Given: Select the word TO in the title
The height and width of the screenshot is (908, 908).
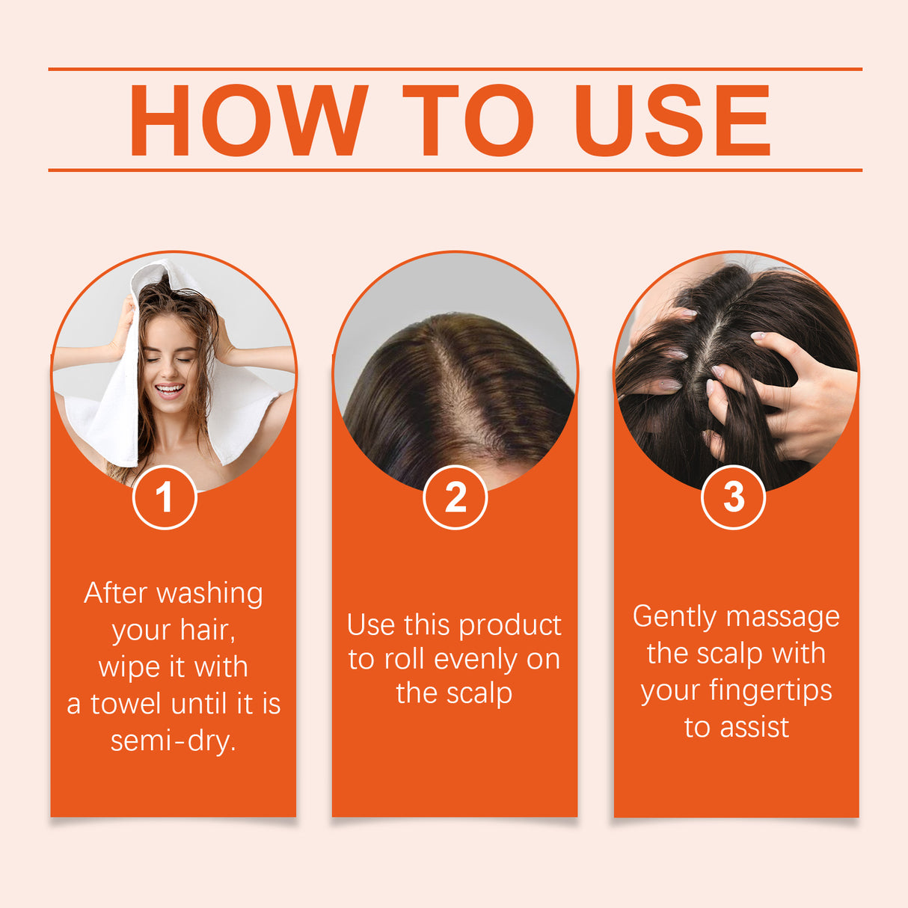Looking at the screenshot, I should (468, 120).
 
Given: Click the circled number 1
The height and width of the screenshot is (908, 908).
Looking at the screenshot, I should (165, 497).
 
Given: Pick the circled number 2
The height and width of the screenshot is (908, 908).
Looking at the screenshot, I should (455, 497).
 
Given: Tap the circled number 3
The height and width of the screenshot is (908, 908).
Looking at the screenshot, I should (733, 497).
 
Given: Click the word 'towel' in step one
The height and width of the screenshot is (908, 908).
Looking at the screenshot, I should (126, 704).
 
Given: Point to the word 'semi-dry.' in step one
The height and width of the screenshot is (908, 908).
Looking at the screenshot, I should (173, 740).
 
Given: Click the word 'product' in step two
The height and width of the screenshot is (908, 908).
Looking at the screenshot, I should (509, 625).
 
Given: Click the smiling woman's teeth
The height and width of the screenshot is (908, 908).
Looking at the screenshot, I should (169, 388).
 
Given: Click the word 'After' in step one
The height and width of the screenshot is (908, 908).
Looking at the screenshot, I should (115, 593).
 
